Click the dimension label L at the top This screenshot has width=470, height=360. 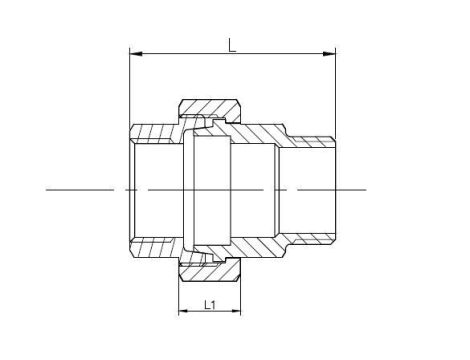[x=232, y=45]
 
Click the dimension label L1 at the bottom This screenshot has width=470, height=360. [x=210, y=305]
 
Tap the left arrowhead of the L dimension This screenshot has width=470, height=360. [x=136, y=54]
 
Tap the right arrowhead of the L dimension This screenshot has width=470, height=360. [x=329, y=54]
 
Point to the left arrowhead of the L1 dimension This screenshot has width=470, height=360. [x=184, y=311]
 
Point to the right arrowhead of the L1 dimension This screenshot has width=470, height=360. [x=236, y=311]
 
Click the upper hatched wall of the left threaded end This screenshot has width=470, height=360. [x=154, y=134]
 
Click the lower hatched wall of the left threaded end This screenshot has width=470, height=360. [x=154, y=247]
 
